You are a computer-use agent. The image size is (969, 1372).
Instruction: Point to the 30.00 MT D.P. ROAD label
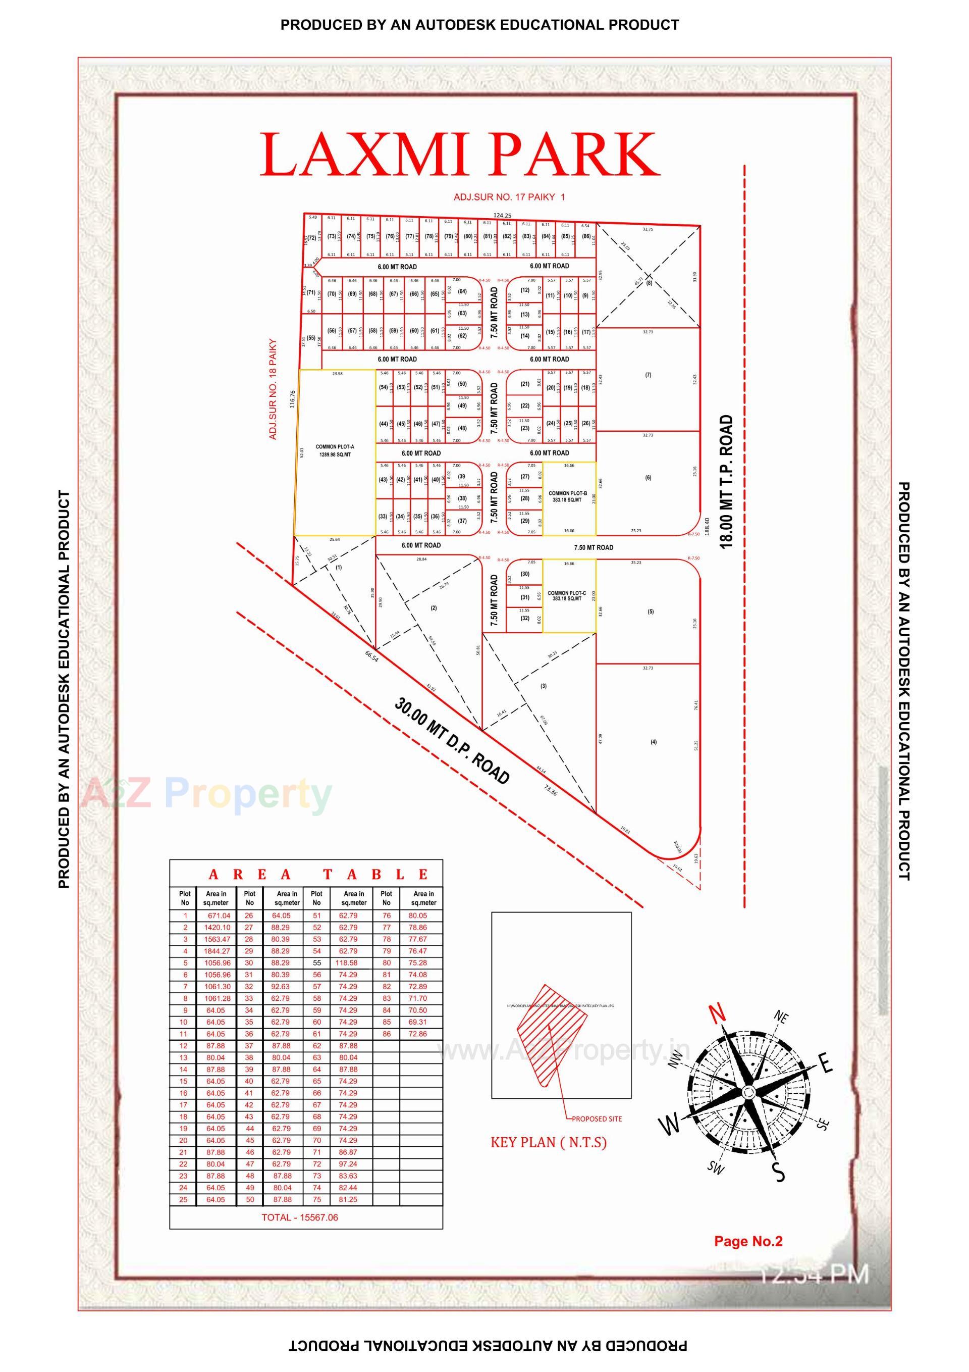452,740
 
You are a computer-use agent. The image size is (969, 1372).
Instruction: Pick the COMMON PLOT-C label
566,596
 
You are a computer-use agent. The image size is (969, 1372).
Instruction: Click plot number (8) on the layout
649,283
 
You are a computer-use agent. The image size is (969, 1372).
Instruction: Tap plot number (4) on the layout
654,742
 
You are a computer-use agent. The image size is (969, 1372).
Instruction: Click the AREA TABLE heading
318,875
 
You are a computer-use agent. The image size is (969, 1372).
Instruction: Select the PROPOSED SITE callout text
596,1119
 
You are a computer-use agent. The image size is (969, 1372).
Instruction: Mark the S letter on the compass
778,1173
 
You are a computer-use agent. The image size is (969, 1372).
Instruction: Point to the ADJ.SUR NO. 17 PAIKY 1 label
509,196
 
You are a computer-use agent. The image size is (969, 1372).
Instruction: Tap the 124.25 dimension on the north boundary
502,215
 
